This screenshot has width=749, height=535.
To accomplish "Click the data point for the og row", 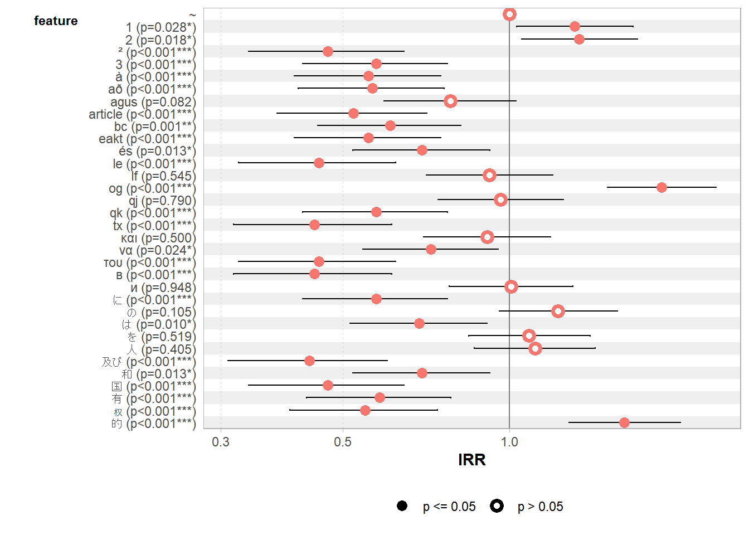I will pyautogui.click(x=662, y=187).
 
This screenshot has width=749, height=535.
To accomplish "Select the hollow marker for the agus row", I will pyautogui.click(x=450, y=101).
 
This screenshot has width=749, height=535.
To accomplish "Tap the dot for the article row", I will pyautogui.click(x=353, y=113).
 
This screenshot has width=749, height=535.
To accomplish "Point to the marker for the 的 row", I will pyautogui.click(x=624, y=422).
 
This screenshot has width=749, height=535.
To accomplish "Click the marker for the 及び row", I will pyautogui.click(x=309, y=361).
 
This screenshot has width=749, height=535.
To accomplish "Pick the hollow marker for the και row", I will pyautogui.click(x=487, y=237).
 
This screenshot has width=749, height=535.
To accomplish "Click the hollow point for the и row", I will pyautogui.click(x=511, y=286).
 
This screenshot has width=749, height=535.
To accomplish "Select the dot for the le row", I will pyautogui.click(x=319, y=163).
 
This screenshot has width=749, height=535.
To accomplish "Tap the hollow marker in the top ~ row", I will pyautogui.click(x=509, y=14).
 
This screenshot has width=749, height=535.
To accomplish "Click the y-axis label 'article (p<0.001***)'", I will pyautogui.click(x=142, y=114).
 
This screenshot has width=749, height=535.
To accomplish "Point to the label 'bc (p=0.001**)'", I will pyautogui.click(x=155, y=127).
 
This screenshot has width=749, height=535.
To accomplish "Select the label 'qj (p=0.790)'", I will pyautogui.click(x=162, y=201).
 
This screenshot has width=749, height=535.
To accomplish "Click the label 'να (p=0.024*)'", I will pyautogui.click(x=157, y=250).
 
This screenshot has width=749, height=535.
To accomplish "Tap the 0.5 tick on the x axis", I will pyautogui.click(x=343, y=442).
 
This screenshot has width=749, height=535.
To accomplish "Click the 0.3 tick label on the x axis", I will pyautogui.click(x=221, y=442).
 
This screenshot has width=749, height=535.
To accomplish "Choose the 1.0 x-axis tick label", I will pyautogui.click(x=509, y=442).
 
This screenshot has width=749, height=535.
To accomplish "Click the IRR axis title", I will pyautogui.click(x=471, y=460).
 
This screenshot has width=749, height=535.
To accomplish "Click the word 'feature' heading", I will pyautogui.click(x=56, y=21).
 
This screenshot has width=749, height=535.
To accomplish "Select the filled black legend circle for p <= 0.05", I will pyautogui.click(x=402, y=505).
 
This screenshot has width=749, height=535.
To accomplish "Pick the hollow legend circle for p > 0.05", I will pyautogui.click(x=497, y=505).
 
